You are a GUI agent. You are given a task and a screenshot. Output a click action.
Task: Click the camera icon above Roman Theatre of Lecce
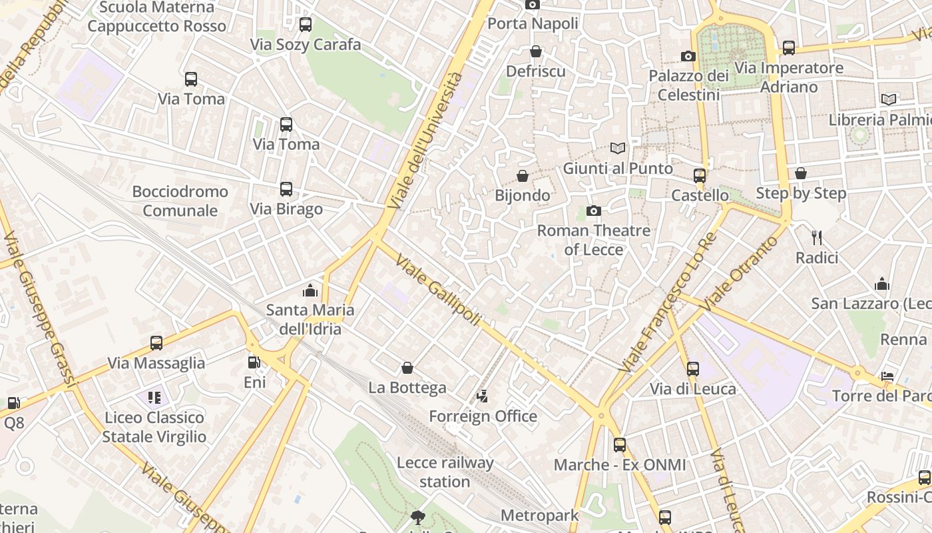593,211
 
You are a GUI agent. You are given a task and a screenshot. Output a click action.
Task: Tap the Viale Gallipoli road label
437,290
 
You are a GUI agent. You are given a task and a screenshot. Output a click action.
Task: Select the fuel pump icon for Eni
254,362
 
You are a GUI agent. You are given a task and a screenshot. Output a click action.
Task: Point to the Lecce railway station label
445,472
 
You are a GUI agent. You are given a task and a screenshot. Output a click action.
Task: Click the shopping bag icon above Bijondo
523,176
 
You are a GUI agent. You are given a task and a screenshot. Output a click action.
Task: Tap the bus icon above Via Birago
286,189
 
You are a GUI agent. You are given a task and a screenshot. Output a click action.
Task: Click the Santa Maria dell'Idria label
310,319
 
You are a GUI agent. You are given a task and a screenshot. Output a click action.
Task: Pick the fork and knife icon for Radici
817,237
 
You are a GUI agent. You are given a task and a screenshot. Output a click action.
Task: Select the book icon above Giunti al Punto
618,148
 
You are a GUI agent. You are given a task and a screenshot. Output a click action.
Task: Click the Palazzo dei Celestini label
689,85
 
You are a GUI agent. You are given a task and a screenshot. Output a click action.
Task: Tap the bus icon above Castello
700,176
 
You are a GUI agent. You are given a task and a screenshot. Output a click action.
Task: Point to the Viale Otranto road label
740,273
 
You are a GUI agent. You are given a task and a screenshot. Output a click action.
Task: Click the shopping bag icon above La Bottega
407,368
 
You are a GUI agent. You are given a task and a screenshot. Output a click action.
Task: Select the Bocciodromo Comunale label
180,201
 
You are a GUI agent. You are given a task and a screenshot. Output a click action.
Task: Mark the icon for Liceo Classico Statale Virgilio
154,398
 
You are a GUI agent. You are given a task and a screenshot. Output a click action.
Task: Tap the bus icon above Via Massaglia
156,343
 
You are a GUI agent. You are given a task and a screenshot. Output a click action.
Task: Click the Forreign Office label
483,416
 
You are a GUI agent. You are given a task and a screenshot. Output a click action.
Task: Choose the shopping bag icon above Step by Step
801,174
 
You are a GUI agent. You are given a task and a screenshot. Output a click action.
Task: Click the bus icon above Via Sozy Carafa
306,25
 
